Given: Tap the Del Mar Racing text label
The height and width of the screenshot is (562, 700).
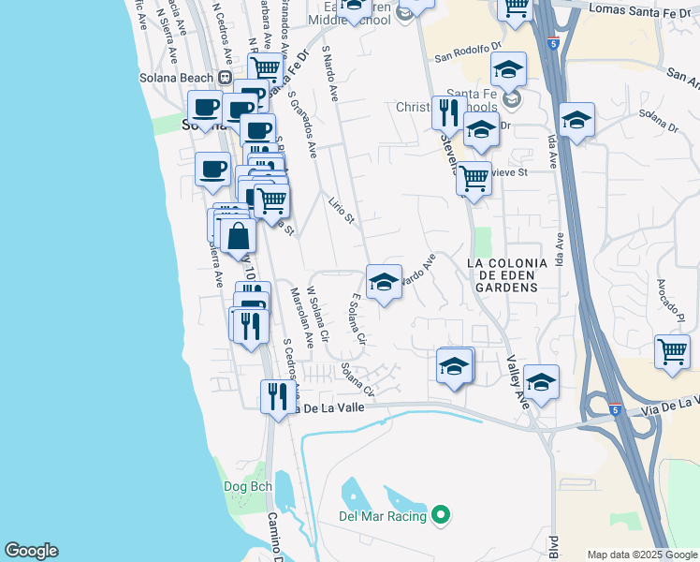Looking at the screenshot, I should [x=383, y=516].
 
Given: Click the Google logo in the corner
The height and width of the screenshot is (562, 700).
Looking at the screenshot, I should [x=30, y=551].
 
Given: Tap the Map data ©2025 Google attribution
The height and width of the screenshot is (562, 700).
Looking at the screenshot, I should [x=641, y=555].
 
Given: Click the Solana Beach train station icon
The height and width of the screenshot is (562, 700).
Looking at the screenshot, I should [x=225, y=78].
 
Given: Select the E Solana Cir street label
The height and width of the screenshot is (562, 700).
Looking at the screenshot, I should [x=355, y=321].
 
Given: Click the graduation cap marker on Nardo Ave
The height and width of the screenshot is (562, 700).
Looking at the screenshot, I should [x=384, y=282].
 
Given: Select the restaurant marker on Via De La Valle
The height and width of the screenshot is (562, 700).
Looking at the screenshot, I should [x=276, y=396].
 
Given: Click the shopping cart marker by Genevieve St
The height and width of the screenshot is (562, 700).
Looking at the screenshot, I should [x=474, y=176].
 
